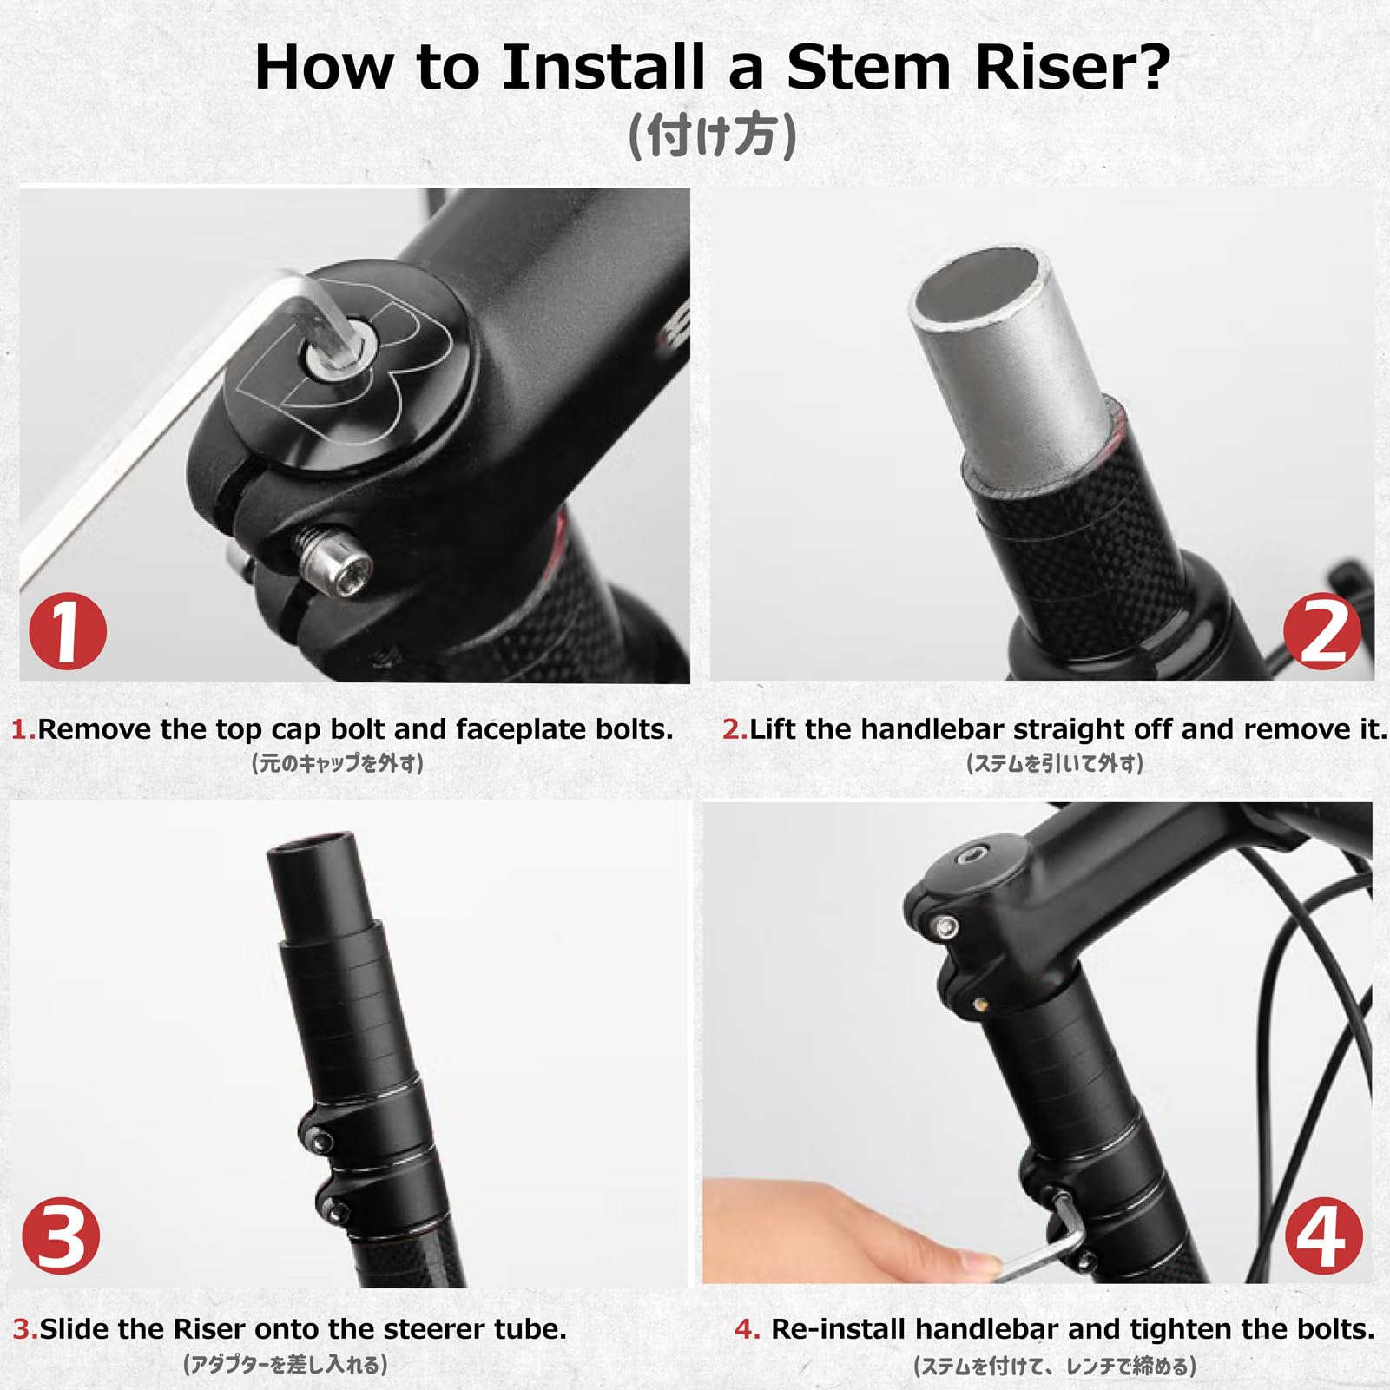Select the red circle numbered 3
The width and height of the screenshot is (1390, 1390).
[x=61, y=1236]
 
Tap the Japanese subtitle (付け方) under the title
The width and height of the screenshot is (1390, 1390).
[x=711, y=136]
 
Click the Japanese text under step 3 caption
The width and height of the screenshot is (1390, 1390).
[x=286, y=1365]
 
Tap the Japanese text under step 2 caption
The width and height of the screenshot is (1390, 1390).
[x=1055, y=763]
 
